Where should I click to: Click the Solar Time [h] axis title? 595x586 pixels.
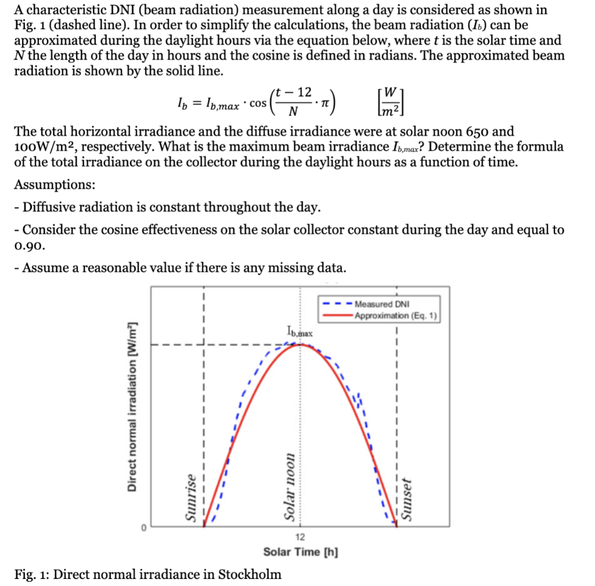300,551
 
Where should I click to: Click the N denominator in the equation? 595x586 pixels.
293,111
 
